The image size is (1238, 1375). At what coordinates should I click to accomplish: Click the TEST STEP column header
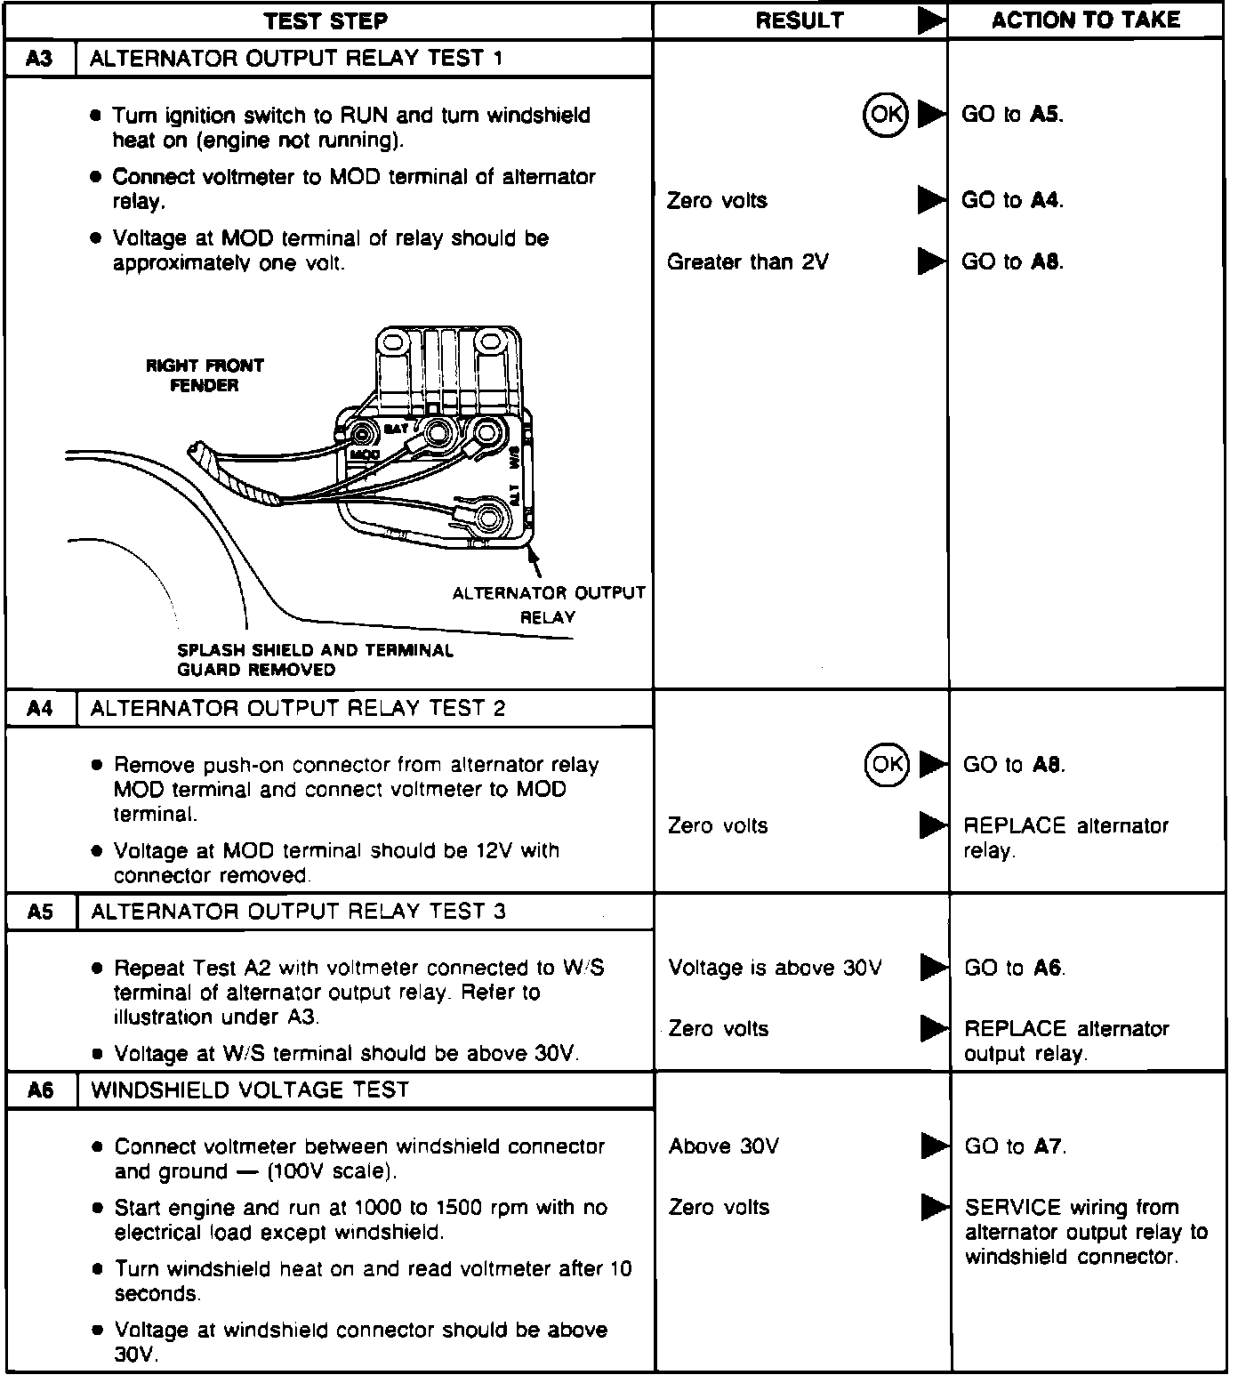point(326,20)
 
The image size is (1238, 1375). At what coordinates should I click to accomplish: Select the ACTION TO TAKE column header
point(1085,20)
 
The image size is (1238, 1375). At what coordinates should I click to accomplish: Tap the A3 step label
point(40,59)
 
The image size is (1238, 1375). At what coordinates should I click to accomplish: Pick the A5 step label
point(41,912)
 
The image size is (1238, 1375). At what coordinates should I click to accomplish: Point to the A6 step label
point(41,1090)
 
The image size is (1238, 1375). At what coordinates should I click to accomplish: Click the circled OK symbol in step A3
point(885,114)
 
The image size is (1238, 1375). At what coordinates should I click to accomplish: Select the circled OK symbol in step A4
point(887,764)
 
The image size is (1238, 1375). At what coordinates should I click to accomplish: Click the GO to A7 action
point(1015,1146)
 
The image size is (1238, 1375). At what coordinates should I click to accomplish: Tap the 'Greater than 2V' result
point(747,262)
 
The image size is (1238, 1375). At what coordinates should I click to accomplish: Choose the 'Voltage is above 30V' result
point(775,968)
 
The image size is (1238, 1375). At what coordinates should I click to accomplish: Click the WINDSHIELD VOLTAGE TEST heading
point(250,1090)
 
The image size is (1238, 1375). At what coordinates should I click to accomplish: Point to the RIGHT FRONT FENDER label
point(205,375)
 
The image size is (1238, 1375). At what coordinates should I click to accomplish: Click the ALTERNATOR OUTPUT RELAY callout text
point(548,605)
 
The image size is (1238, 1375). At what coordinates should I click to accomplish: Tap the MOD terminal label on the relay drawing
point(364,454)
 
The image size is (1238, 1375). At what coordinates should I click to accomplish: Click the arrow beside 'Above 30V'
point(934,1146)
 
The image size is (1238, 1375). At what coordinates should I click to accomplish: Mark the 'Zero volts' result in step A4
point(717,826)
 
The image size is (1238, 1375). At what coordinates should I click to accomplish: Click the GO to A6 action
point(1015,968)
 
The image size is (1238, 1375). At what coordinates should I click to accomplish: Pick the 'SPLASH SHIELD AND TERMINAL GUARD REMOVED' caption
point(315,660)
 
